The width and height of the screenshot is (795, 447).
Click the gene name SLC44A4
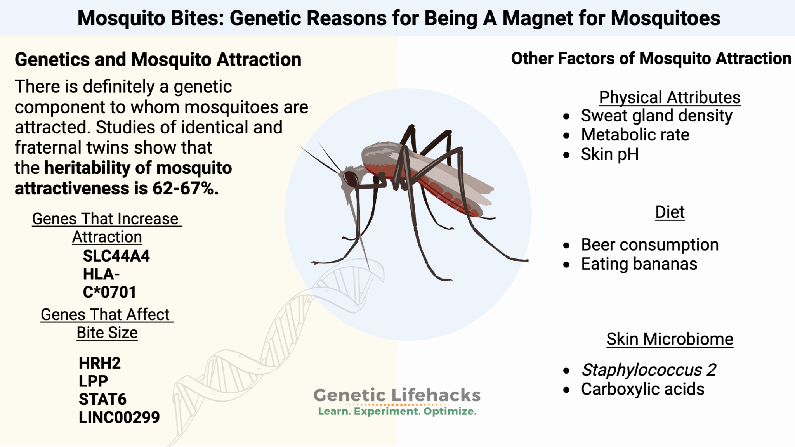click(x=116, y=256)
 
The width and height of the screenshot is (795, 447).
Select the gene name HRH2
click(x=99, y=363)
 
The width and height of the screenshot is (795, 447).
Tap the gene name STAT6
click(x=102, y=399)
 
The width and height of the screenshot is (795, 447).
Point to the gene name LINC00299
click(x=119, y=418)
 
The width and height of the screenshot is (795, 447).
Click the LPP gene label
click(x=93, y=381)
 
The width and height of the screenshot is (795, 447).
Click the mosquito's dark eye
click(x=351, y=179)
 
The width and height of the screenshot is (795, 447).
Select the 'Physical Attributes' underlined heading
click(x=670, y=97)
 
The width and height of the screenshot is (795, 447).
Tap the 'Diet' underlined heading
click(x=670, y=212)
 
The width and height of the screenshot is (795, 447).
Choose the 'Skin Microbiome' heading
click(x=670, y=339)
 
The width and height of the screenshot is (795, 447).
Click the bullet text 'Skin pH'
click(x=609, y=154)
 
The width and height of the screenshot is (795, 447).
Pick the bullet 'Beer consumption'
click(x=649, y=245)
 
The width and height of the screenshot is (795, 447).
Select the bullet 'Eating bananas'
click(x=639, y=264)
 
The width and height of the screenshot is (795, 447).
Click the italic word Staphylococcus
click(x=642, y=370)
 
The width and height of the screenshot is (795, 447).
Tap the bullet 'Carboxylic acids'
click(x=642, y=389)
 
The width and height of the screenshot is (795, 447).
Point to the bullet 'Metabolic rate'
click(x=635, y=135)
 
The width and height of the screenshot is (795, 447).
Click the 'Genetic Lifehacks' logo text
click(x=397, y=395)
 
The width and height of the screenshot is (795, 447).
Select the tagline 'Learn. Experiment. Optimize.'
click(x=397, y=411)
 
